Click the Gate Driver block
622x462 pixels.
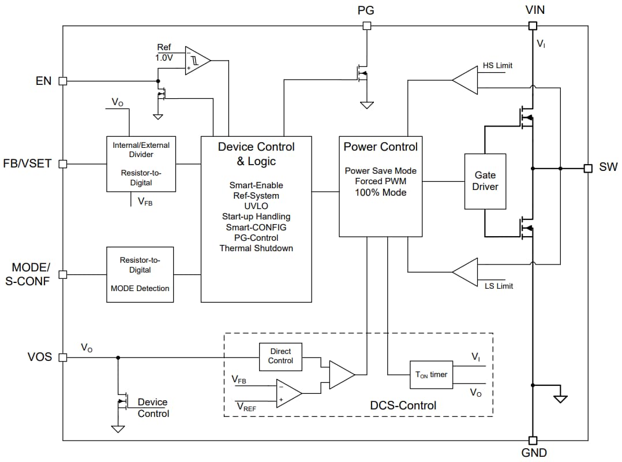(485, 181)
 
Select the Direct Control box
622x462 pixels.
(280, 356)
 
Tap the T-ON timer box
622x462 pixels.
(432, 375)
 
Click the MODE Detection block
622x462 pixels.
(140, 274)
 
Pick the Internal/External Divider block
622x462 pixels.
(141, 163)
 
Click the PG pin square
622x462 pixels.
(366, 25)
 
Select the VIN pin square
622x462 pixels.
(533, 25)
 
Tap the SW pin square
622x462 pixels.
(588, 168)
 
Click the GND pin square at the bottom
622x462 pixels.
(533, 440)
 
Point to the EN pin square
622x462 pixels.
(63, 81)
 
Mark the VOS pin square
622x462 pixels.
(63, 357)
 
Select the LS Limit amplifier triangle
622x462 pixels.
(466, 271)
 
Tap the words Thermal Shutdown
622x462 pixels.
(256, 248)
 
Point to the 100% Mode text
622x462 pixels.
(380, 192)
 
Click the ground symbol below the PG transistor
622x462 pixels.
(366, 105)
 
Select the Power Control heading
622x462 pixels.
(380, 147)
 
